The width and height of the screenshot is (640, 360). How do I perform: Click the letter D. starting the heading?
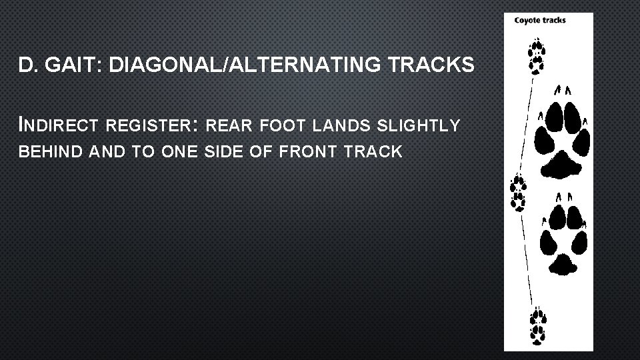[27, 65]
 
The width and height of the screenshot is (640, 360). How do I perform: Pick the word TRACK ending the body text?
[366, 152]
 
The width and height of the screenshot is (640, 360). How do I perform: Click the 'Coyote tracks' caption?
[540, 20]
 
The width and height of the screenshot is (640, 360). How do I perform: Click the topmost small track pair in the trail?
[535, 56]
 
